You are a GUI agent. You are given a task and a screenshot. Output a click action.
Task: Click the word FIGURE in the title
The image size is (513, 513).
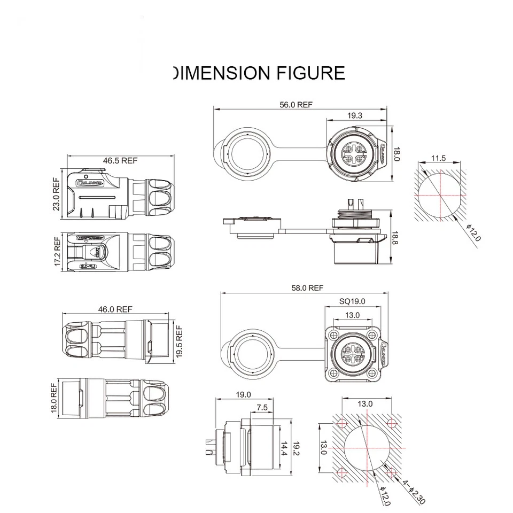coord(310,73)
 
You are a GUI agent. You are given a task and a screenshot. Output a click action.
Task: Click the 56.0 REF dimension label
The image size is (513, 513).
coord(296,105)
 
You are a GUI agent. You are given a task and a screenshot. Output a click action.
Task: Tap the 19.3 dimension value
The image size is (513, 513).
coord(354,115)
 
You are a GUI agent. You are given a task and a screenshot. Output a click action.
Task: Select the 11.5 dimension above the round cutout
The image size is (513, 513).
coord(438,158)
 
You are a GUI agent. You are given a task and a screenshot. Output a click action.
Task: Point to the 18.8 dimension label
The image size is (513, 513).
coord(396,237)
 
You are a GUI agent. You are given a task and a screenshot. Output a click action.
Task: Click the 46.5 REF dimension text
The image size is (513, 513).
coord(120,160)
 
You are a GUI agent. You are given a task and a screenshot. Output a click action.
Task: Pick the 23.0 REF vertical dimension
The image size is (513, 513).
coord(57,195)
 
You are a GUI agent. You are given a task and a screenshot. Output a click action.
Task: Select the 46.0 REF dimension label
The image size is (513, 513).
coord(115,309)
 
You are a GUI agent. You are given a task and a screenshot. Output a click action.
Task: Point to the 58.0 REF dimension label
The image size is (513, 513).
coord(307,288)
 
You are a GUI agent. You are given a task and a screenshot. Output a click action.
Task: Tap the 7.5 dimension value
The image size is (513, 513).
coord(262,407)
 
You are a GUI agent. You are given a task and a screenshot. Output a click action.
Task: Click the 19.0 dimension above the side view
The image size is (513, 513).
coord(243,395)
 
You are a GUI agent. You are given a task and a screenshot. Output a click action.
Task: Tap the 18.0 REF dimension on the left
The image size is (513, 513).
coord(53,397)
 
